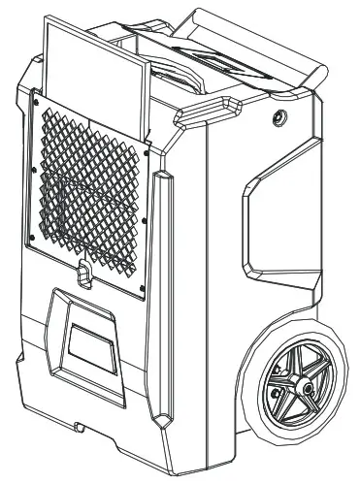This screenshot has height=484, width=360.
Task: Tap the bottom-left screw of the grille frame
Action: pyautogui.click(x=32, y=237)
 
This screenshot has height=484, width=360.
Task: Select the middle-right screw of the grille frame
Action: pyautogui.click(x=145, y=218)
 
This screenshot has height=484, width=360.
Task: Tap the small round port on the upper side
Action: pyautogui.click(x=279, y=115)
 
